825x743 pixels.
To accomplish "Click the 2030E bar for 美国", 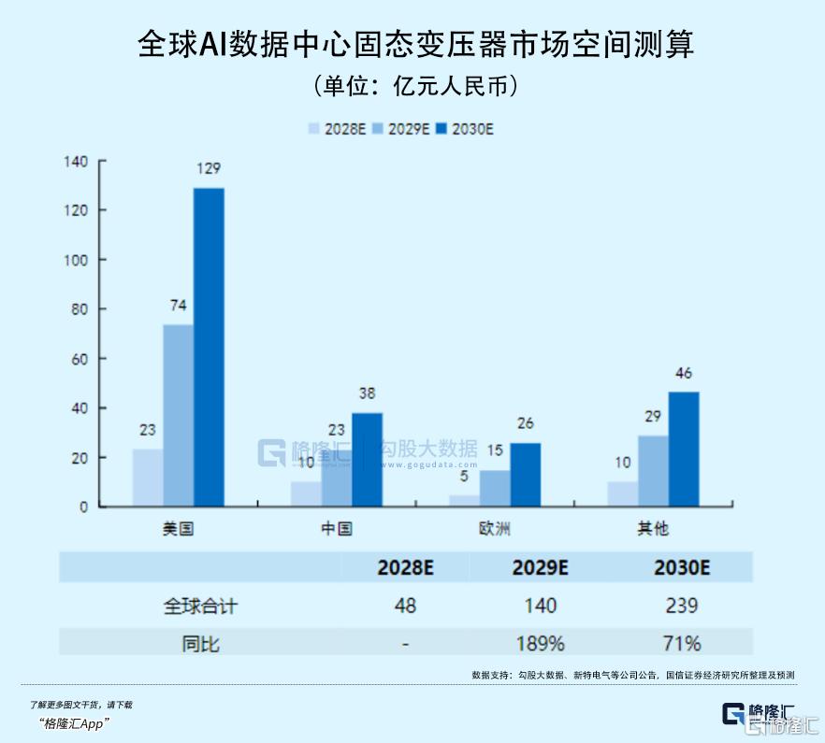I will click(209, 347).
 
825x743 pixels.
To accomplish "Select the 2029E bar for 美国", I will click(178, 415).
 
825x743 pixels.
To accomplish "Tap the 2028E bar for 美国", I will click(148, 478).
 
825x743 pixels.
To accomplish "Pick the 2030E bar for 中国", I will click(367, 459).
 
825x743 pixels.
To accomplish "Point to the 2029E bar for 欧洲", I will click(495, 488).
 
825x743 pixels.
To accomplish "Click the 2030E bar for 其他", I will click(683, 449).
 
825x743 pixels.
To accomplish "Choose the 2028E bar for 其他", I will click(622, 493).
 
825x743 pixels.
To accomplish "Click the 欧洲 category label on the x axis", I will click(495, 529).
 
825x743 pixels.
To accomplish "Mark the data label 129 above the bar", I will click(209, 169).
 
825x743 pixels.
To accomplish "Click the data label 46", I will click(683, 374).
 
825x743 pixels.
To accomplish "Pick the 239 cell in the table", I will click(683, 606).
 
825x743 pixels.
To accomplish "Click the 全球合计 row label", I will click(201, 606).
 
